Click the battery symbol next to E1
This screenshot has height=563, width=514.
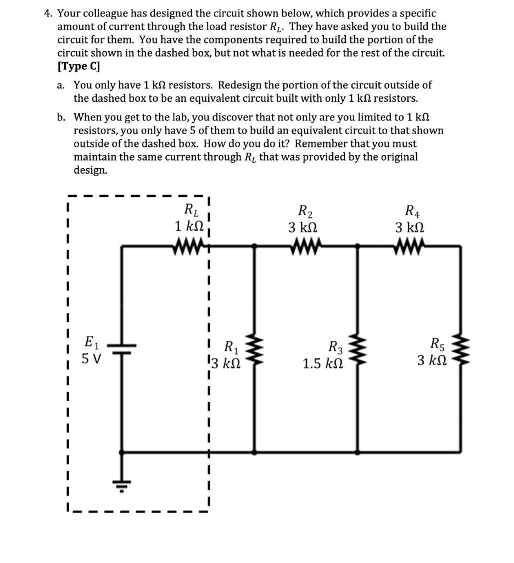coord(121,348)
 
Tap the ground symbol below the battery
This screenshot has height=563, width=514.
coord(121,484)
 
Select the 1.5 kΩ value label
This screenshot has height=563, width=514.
coord(323,363)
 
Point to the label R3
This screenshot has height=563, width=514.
coord(335,347)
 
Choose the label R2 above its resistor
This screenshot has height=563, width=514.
coord(303,211)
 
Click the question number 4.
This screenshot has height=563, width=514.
coord(48,13)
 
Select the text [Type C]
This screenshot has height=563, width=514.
coord(79,67)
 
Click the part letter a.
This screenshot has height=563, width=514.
coord(61,85)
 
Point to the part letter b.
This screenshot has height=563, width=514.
coord(61,117)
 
